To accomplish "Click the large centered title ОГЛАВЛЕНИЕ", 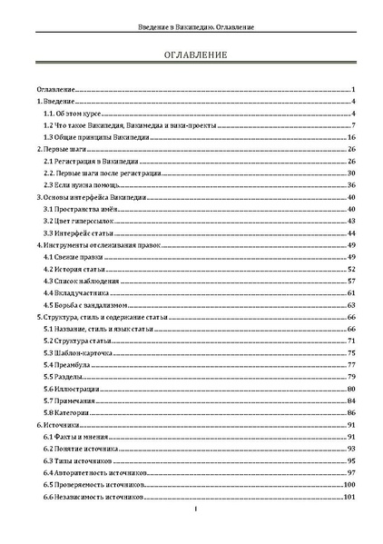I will pos(191,56).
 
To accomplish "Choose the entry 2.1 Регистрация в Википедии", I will pos(84,161).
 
